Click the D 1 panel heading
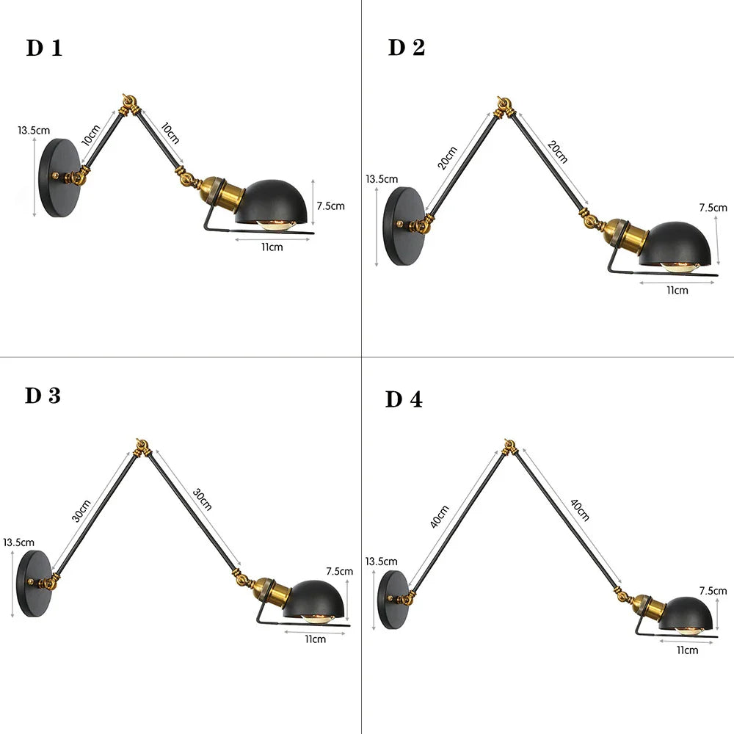point(44,48)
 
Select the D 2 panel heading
point(407,48)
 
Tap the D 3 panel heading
point(43,396)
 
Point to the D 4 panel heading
point(404,399)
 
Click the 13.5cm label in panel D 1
point(34,131)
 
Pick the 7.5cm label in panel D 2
point(713,208)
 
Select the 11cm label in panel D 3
point(315,639)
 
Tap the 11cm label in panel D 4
point(687,650)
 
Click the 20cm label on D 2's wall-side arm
point(447,158)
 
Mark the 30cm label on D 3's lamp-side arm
point(203,499)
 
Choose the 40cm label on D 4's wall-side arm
point(439,517)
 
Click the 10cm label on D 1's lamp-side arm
point(170,133)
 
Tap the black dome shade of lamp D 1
point(272,202)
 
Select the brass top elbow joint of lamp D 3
point(142,448)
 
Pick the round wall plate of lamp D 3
point(34,584)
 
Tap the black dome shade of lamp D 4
point(688,614)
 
